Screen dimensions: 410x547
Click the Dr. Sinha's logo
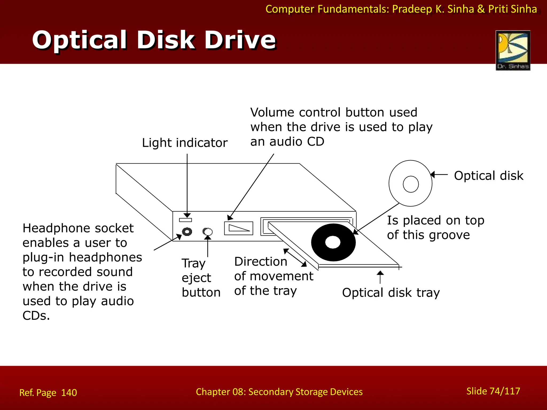(x=513, y=50)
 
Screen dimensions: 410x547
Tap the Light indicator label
(x=185, y=143)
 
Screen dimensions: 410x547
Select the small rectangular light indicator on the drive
(x=185, y=220)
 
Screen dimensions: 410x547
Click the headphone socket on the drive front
(x=187, y=231)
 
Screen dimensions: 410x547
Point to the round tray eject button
(x=208, y=231)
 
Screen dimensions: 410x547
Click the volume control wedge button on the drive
(x=239, y=228)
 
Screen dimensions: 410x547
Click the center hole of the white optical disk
(x=411, y=184)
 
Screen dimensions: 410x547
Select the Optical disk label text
(x=489, y=176)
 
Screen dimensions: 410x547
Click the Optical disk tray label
(x=391, y=293)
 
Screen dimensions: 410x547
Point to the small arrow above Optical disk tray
(x=380, y=277)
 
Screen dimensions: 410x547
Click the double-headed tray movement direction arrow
(x=295, y=258)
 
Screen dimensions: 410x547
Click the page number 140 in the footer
(x=69, y=393)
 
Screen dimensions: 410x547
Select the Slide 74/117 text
(x=493, y=391)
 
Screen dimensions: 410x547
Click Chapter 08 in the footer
(x=220, y=392)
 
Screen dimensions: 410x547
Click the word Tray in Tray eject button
(x=194, y=263)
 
